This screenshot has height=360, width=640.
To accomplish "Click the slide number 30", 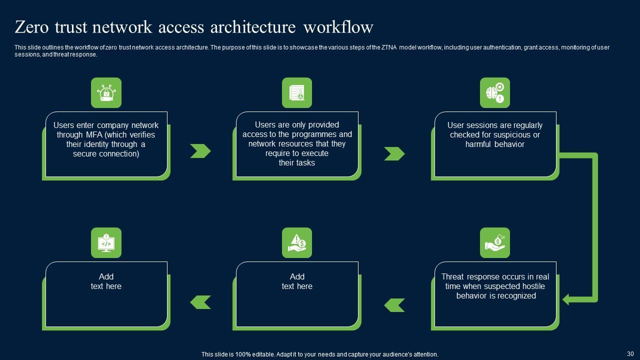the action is [630, 353].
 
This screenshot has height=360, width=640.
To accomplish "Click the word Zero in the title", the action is [31, 27].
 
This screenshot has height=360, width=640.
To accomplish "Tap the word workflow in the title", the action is [338, 27].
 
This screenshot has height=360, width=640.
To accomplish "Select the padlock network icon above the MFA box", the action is [106, 93].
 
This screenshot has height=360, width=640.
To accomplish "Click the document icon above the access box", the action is [297, 93].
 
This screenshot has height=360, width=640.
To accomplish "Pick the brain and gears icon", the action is [495, 93].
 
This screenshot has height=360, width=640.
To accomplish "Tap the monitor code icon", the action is [106, 243].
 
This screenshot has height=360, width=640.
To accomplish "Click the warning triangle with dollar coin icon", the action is [297, 243].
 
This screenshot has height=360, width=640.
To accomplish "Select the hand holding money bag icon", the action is [495, 243].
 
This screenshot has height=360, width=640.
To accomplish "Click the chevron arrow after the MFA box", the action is [200, 151].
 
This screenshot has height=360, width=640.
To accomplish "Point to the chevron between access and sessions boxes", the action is [394, 153].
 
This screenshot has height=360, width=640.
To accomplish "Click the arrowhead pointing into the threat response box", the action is [565, 299].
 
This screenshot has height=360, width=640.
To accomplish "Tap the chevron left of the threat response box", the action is [394, 305].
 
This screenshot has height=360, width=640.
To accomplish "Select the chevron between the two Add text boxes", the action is [200, 302].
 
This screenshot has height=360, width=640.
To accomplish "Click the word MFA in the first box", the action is [94, 134].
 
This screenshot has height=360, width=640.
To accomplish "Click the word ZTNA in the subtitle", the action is [389, 47].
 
